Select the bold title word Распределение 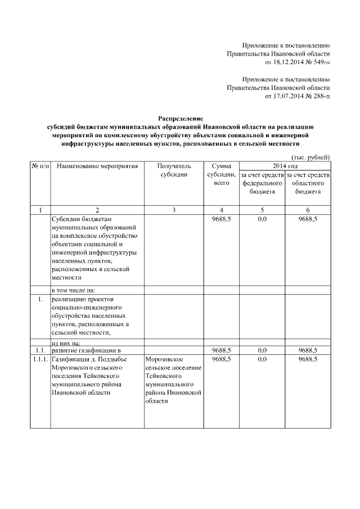pos(181,119)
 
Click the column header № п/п pos(40,166)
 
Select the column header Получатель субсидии pos(174,170)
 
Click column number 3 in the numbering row pos(174,210)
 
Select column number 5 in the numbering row pos(262,210)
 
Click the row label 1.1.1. pos(40,359)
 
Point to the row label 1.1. pos(40,350)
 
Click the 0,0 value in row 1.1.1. pos(262,359)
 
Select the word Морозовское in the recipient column pos(163,359)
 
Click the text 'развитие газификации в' pos(86,350)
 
